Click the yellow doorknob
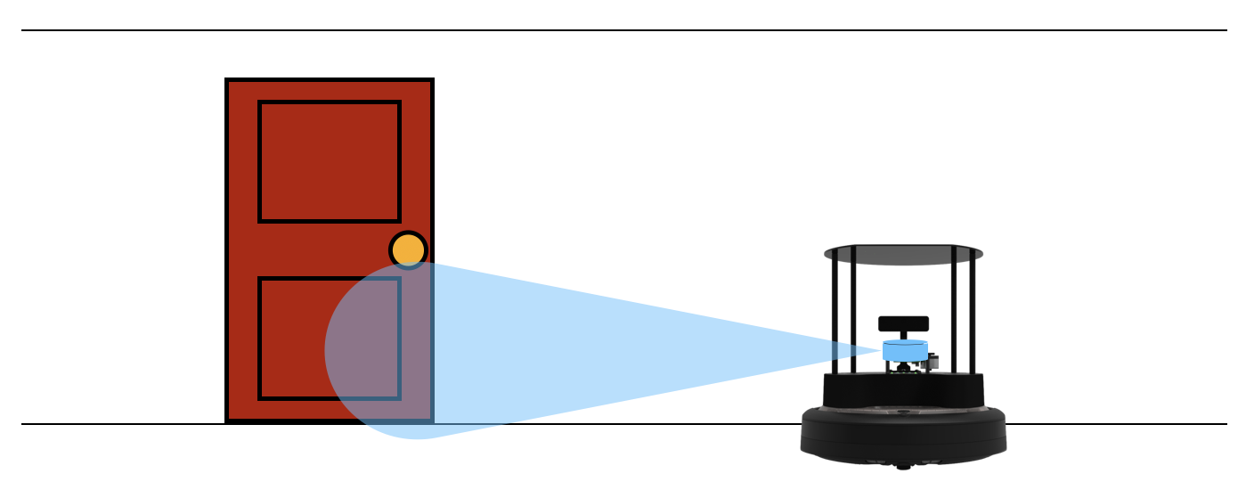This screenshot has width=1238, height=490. point(409,250)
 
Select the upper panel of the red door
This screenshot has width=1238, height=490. point(330,161)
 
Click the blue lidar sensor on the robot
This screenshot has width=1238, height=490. point(905,350)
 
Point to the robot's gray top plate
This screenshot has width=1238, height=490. point(903,254)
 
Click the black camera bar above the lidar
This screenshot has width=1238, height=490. point(903,323)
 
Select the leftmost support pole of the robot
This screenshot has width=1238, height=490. point(835,312)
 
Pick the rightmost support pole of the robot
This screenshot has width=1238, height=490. point(973,312)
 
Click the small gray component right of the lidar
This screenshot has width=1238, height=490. point(933,361)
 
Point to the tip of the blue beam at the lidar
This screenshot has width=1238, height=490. point(882,351)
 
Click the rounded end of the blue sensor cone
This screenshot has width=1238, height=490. point(328,351)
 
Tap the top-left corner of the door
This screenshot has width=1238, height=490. point(227,80)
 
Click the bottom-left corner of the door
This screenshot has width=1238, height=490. point(227,420)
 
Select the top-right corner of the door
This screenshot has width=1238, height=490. point(432,80)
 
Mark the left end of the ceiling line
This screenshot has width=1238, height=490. point(22,30)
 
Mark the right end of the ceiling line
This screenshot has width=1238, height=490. point(1226,30)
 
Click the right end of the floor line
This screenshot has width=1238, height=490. point(1226,424)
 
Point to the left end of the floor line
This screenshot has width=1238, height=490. point(22,424)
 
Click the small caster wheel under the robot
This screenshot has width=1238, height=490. point(903,466)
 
